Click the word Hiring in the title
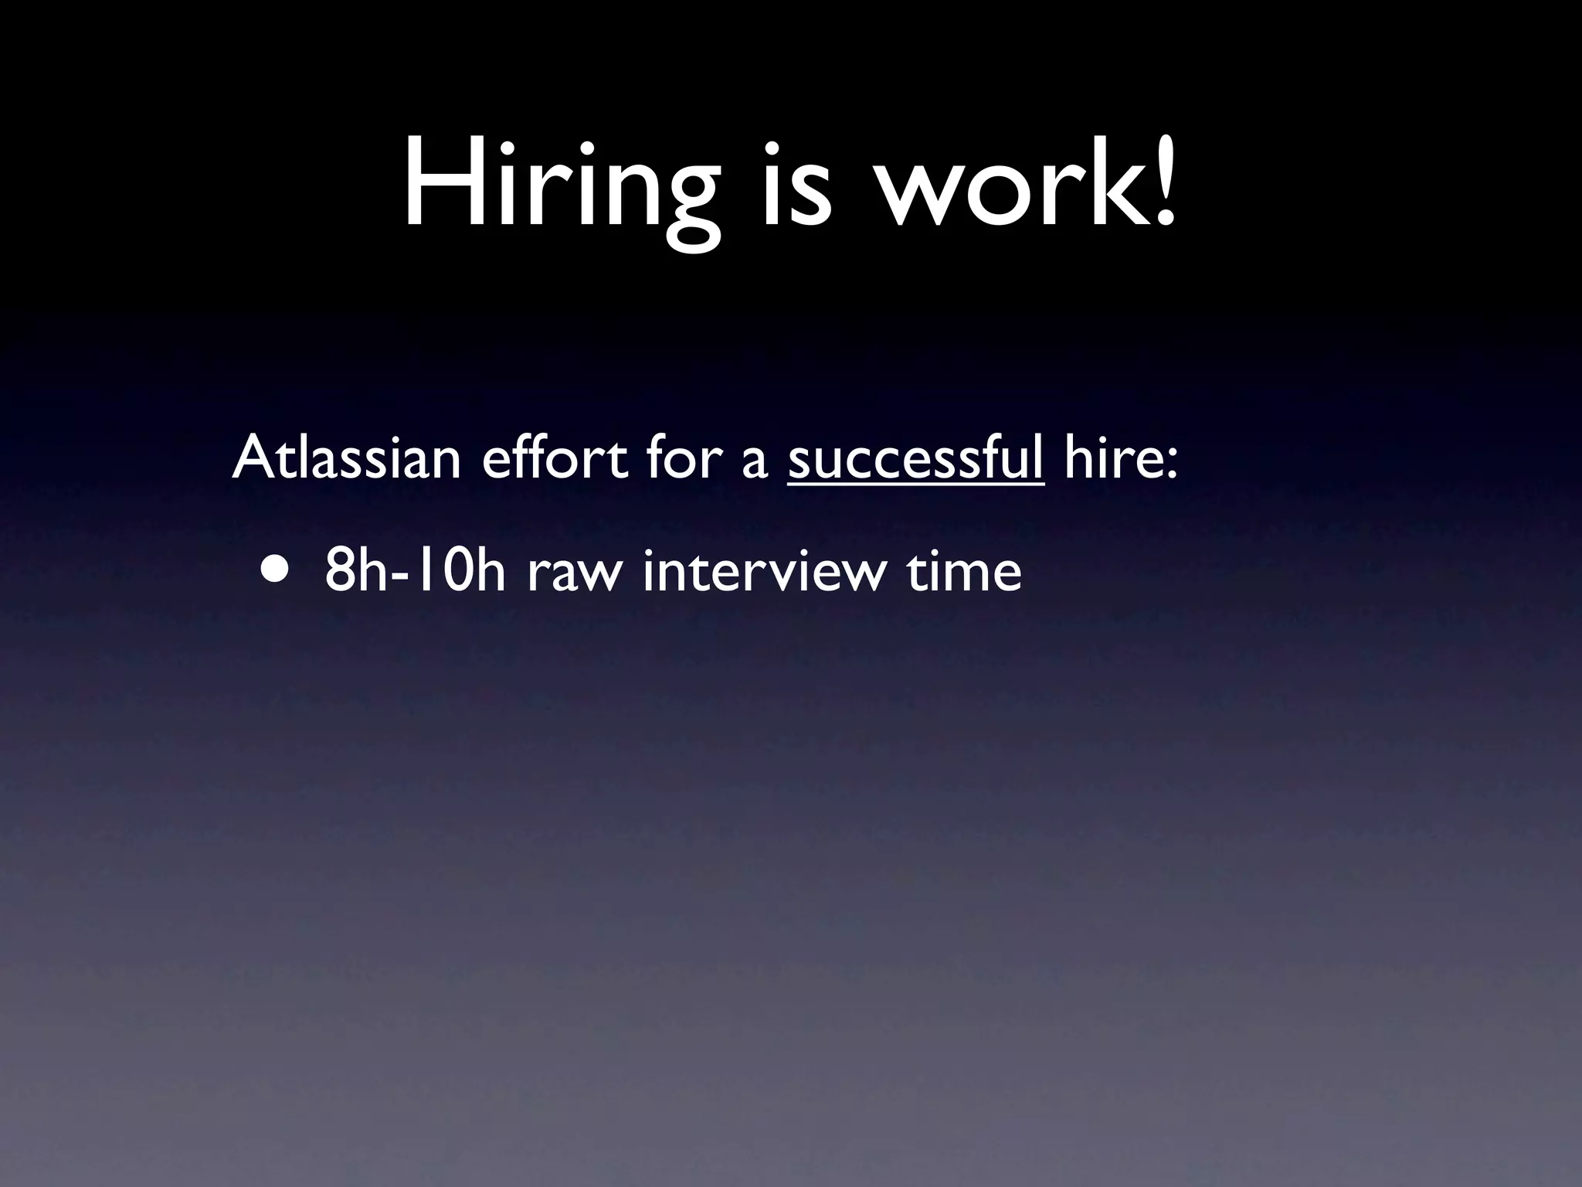click(x=559, y=185)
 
